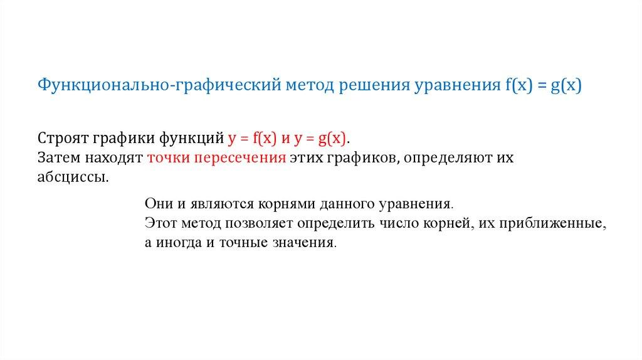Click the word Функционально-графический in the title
159,85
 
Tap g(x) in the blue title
566,85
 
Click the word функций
191,139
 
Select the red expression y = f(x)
252,139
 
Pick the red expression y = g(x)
320,139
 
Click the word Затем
59,157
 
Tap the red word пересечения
240,158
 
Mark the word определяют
448,158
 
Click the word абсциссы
73,177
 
